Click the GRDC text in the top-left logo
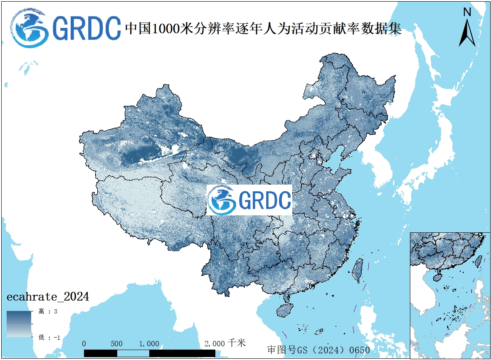(86, 28)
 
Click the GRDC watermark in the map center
(249, 200)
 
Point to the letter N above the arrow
(467, 12)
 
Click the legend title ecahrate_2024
(47, 297)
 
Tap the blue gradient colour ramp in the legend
(19, 324)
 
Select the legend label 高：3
(48, 311)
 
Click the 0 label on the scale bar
(84, 344)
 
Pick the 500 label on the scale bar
(117, 344)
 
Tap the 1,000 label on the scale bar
(149, 344)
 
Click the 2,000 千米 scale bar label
(225, 343)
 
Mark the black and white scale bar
(149, 353)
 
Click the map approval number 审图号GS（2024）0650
(318, 350)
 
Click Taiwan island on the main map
(357, 270)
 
